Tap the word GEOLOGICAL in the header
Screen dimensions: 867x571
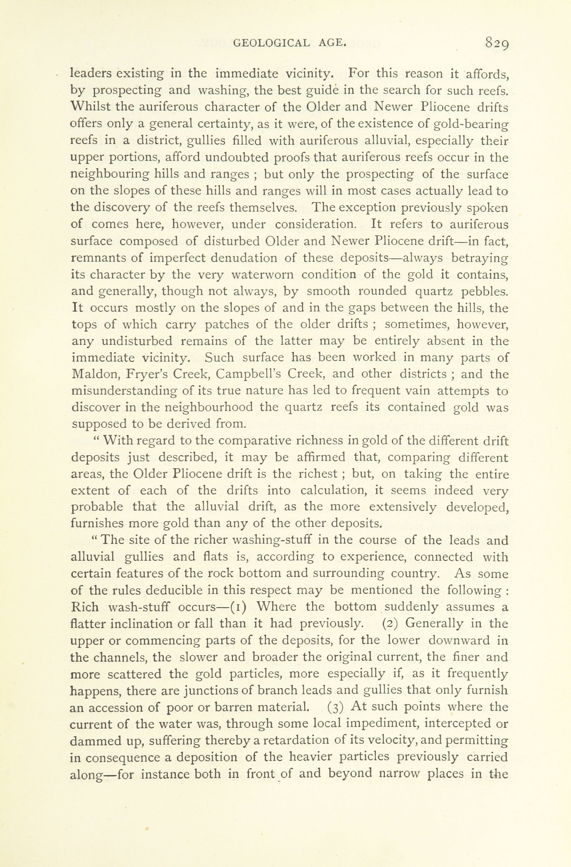tap(271, 43)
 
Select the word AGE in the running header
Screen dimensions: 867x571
tap(332, 43)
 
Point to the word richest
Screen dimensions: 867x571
tap(318, 474)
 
